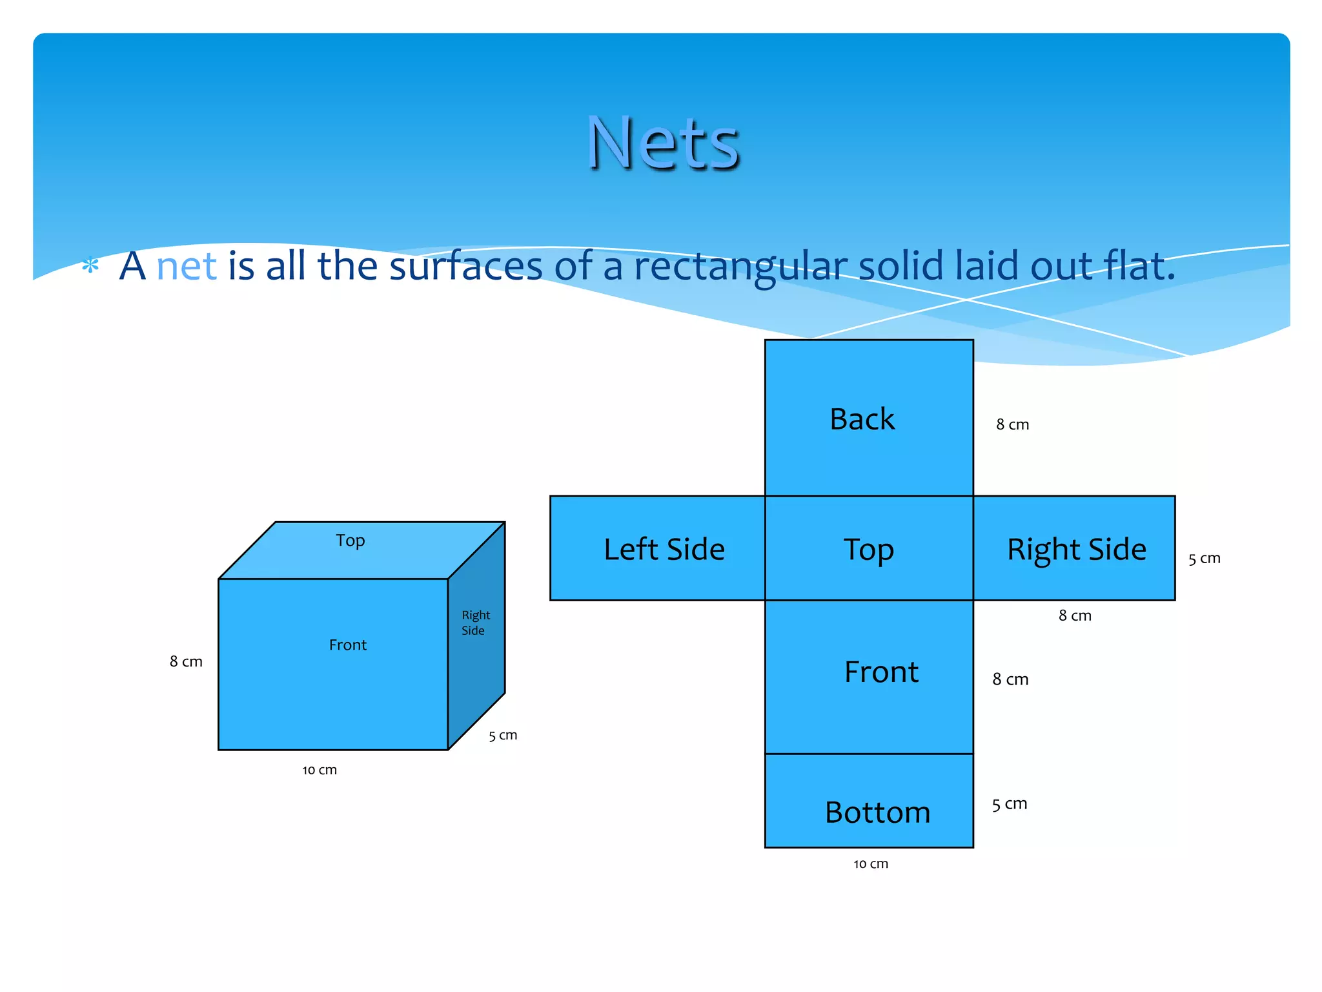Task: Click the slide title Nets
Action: [663, 143]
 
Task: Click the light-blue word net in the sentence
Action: [186, 266]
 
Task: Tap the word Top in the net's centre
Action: [868, 550]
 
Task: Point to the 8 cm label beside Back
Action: [1012, 425]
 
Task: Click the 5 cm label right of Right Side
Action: [1204, 559]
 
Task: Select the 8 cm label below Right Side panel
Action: [1075, 616]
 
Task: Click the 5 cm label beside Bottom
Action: [1010, 805]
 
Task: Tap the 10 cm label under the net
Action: [871, 864]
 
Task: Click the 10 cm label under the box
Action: [320, 770]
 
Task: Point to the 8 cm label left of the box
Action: [186, 662]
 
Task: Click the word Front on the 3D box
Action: [347, 645]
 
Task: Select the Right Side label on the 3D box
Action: [475, 623]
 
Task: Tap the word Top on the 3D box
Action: [350, 541]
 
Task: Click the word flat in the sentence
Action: [1139, 266]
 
